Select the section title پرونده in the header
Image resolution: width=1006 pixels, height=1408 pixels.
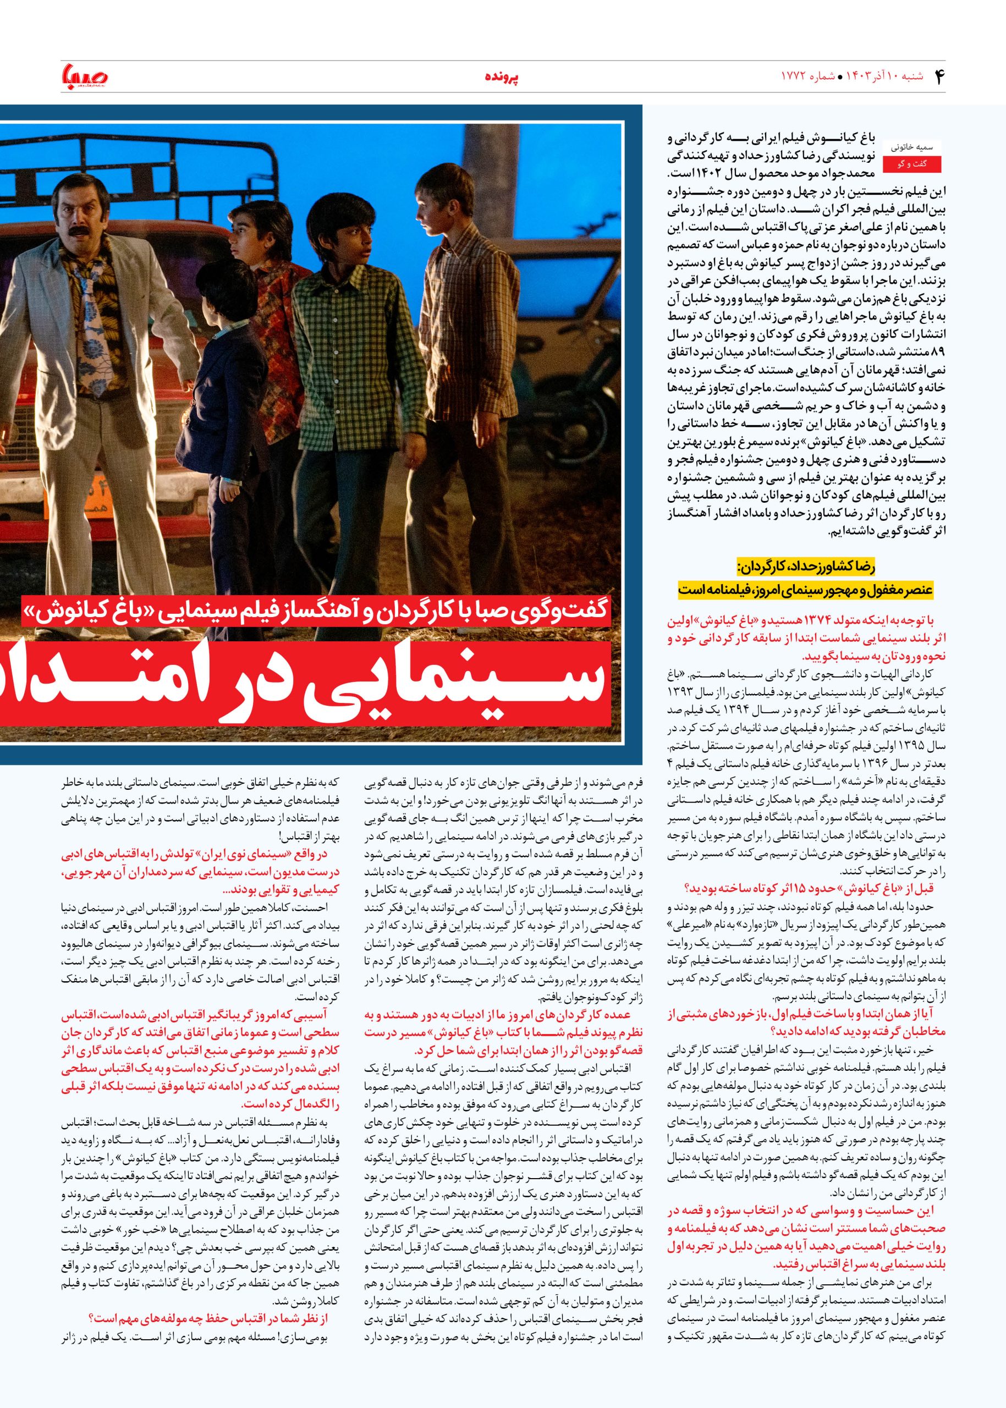502,77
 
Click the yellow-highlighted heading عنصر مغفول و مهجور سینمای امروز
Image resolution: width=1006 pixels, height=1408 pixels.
805,589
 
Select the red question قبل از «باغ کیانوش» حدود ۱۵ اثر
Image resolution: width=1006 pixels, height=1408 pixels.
805,889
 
